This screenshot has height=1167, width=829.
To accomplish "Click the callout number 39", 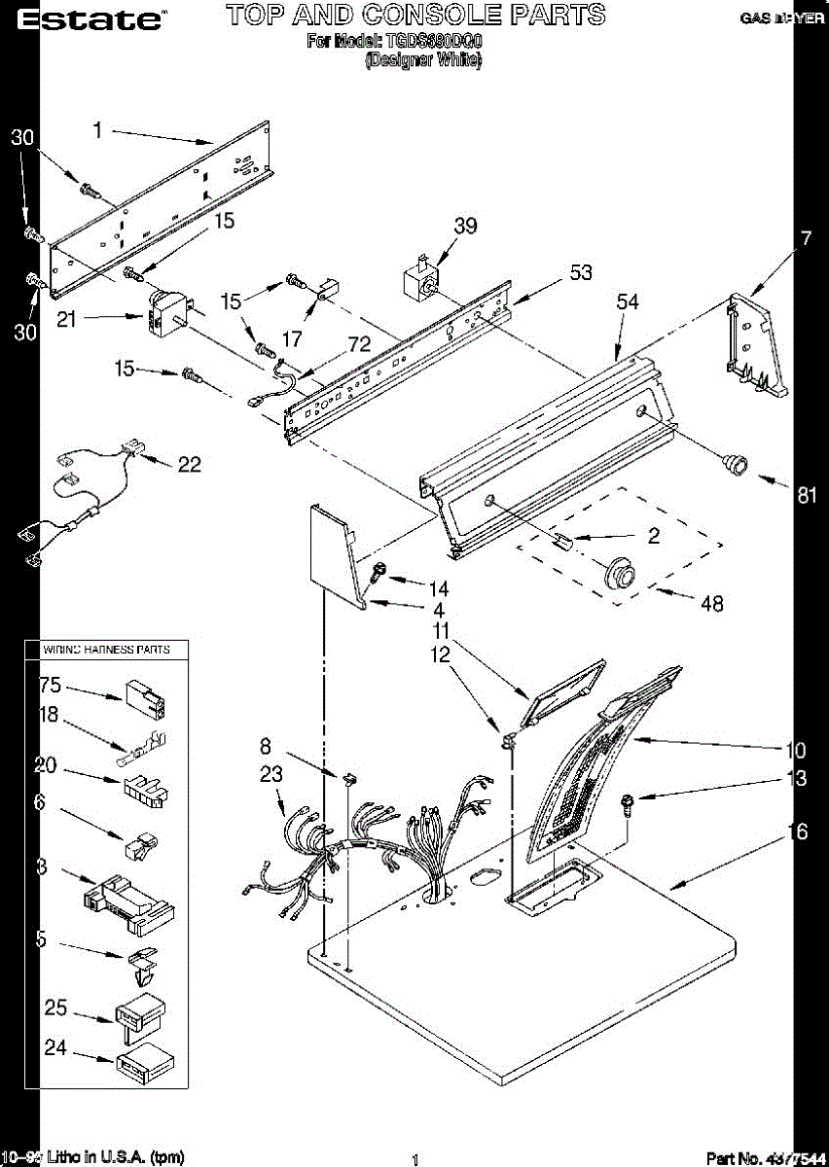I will pos(465,226).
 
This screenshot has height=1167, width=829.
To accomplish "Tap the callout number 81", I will pos(807,494).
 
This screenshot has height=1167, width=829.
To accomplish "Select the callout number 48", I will pos(712,603).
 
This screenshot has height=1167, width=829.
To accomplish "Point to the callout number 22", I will pos(189,465).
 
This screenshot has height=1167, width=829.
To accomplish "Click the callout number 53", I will pos(581,272).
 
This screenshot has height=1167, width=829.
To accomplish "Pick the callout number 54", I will pos(628,302).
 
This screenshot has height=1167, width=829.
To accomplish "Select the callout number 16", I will pos(800,831).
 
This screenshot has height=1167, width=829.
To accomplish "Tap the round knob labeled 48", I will pos(619,574).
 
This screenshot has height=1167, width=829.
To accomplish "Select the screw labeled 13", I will pos(628,803).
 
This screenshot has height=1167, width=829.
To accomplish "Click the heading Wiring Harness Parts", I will pos(105,649).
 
